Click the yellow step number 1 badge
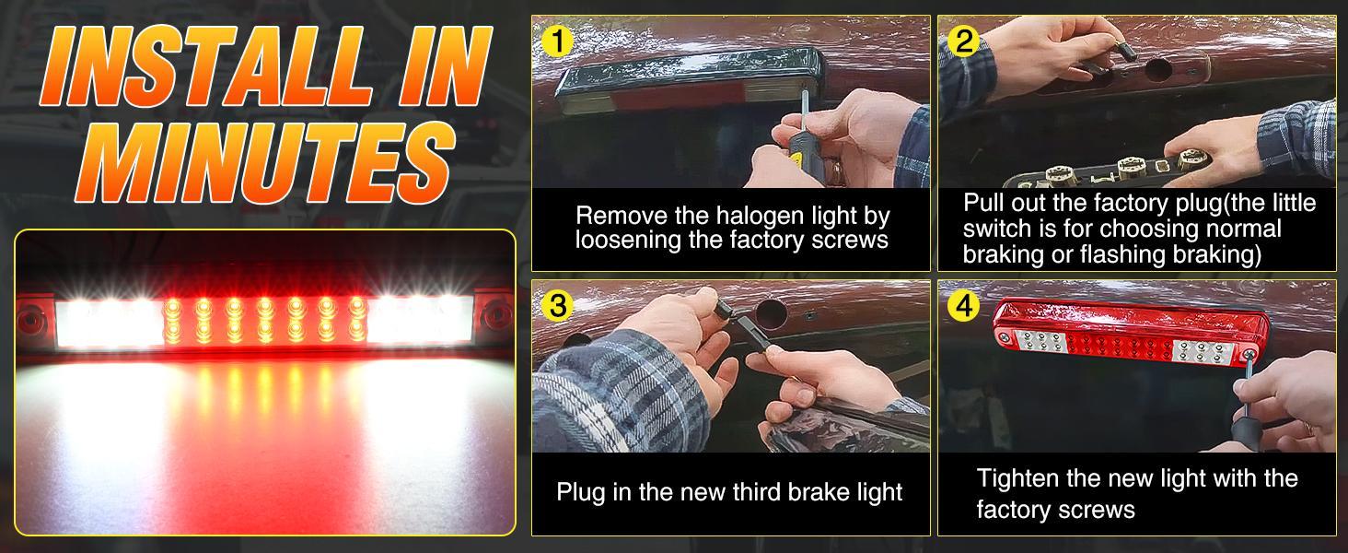(x=558, y=41)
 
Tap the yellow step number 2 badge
(x=963, y=41)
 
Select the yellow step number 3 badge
(x=558, y=305)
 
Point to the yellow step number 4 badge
(x=963, y=305)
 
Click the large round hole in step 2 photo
(x=1158, y=68)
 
